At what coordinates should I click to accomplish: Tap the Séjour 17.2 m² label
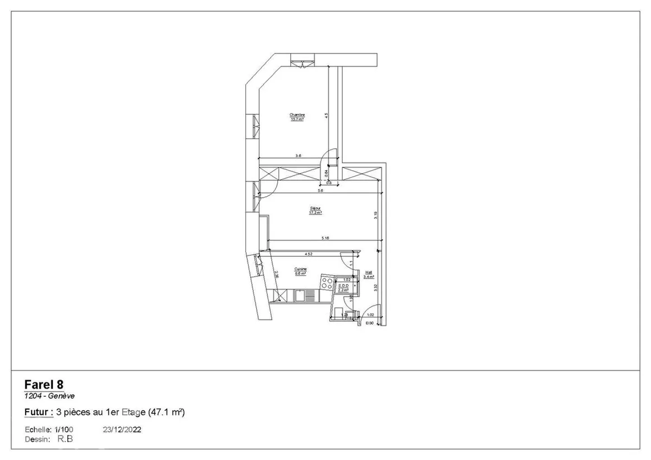(x=315, y=211)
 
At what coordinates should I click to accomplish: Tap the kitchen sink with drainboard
(x=305, y=296)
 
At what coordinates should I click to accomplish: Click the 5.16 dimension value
(x=325, y=238)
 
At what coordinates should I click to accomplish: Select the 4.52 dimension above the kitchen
(x=309, y=254)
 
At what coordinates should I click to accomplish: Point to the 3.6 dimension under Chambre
(x=298, y=155)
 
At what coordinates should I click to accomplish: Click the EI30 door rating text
(x=369, y=323)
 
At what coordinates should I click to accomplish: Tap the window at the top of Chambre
(x=302, y=61)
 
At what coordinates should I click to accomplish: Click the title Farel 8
(x=44, y=385)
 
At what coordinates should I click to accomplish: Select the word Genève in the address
(x=62, y=396)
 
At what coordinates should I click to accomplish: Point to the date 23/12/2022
(x=122, y=429)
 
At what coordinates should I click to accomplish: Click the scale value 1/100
(x=64, y=429)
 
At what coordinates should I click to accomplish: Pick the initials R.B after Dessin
(x=65, y=439)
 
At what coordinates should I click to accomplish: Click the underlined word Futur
(x=37, y=412)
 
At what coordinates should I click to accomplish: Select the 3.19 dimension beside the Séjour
(x=375, y=216)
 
